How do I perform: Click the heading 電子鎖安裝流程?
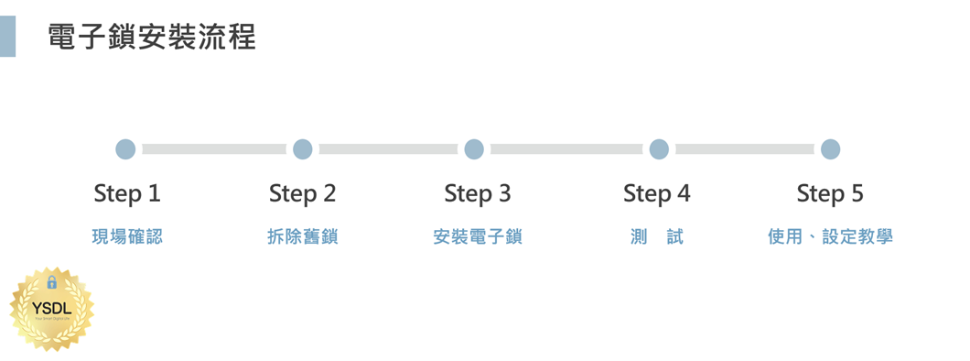coord(152,37)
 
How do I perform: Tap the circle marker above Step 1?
coord(126,149)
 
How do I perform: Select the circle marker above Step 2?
coord(303,149)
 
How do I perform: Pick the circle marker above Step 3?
coord(474,149)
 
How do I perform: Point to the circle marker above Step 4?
coord(659,149)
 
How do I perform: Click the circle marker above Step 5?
coord(830,149)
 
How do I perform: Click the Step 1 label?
coord(127,194)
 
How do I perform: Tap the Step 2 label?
coord(303,194)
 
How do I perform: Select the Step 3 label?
coord(478,194)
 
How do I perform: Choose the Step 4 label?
coord(657,194)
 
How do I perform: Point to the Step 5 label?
coord(830,194)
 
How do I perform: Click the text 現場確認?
coord(127,237)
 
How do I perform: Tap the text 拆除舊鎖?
coord(303,237)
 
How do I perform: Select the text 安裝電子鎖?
coord(478,237)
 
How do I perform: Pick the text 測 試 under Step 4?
coord(657,237)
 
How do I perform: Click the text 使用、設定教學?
coord(830,237)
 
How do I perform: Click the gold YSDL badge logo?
coord(52,309)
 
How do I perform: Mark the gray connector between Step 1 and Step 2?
coord(214,149)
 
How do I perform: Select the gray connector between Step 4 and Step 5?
coord(744,149)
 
